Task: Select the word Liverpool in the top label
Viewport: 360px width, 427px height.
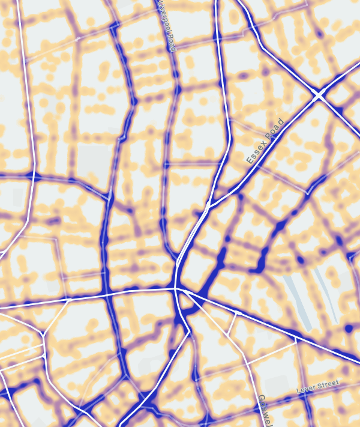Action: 164,17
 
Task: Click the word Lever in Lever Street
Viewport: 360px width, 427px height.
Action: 307,389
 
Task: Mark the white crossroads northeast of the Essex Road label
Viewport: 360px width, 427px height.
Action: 319,95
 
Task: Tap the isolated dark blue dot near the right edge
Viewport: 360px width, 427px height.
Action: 349,329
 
